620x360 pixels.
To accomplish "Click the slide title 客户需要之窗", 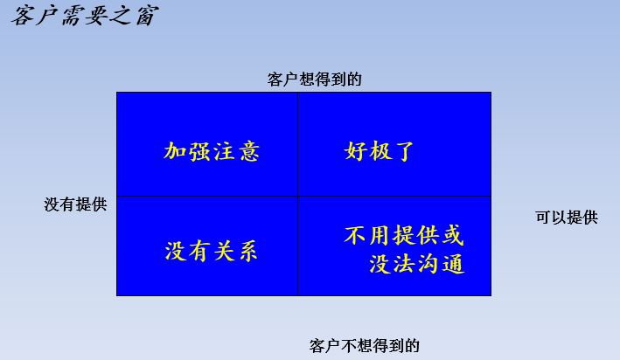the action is [85, 17].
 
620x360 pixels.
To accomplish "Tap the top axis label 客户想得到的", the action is [315, 80].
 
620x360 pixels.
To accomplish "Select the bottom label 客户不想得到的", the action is [364, 346].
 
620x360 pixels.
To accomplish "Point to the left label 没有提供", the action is [75, 204].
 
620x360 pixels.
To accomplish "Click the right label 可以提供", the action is [567, 218].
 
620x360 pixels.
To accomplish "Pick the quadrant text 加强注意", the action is [212, 152].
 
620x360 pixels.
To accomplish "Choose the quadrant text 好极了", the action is [379, 151].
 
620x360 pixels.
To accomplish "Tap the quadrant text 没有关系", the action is [211, 251].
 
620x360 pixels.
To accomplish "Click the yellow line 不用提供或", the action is [404, 236].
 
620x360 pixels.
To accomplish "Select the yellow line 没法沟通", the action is [417, 264].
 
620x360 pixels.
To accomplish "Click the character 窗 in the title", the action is [147, 17].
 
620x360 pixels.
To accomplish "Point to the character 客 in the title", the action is [23, 17].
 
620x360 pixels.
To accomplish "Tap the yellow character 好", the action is [355, 151].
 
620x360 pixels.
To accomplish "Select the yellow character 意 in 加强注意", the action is [249, 152].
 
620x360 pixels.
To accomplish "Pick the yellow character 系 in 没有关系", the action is [248, 252].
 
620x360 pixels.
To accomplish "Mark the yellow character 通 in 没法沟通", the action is [454, 264].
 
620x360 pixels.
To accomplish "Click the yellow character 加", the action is [174, 151].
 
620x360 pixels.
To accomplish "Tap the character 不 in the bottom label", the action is [348, 346].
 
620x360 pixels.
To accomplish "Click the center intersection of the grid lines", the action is [297, 197].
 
